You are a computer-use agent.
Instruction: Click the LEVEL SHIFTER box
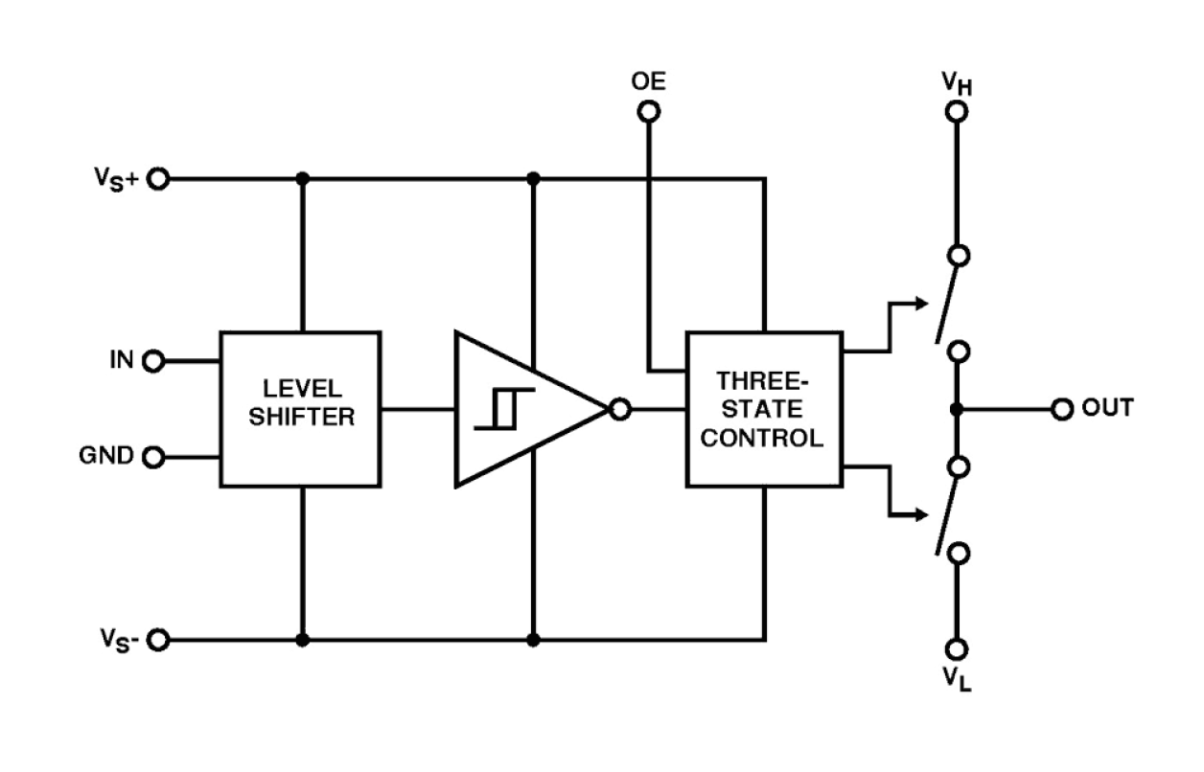(x=300, y=409)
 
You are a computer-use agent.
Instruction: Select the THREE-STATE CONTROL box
(x=764, y=409)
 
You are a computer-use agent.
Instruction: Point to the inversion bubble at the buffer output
(x=620, y=410)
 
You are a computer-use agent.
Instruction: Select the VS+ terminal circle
(x=158, y=179)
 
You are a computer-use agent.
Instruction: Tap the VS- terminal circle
(x=158, y=640)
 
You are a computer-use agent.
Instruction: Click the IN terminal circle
(x=153, y=361)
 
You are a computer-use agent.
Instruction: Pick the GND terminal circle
(x=153, y=457)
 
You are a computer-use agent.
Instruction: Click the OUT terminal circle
(x=1061, y=409)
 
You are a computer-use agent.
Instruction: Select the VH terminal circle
(x=956, y=112)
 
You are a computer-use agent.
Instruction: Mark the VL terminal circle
(x=956, y=649)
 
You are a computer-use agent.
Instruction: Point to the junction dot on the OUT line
(x=956, y=409)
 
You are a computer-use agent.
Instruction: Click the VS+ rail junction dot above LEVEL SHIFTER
(x=303, y=179)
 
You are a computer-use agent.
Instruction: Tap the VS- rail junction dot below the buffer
(x=534, y=640)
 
